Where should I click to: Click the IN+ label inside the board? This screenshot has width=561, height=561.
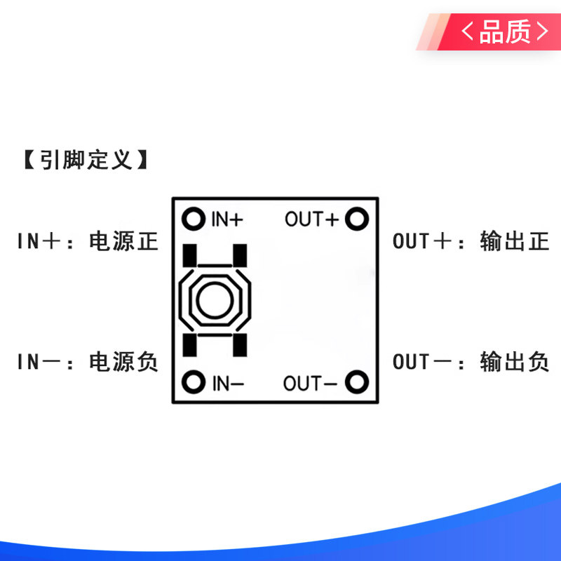pyautogui.click(x=227, y=219)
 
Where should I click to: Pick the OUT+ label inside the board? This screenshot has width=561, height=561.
pyautogui.click(x=311, y=219)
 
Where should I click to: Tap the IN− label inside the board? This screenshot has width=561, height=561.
pyautogui.click(x=228, y=384)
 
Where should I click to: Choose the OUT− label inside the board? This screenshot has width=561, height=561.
pyautogui.click(x=310, y=384)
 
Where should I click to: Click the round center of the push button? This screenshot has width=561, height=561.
pyautogui.click(x=215, y=300)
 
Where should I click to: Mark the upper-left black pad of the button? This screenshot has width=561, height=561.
pyautogui.click(x=189, y=255)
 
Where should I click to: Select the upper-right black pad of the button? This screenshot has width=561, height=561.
pyautogui.click(x=240, y=255)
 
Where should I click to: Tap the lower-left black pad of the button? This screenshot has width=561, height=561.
pyautogui.click(x=189, y=345)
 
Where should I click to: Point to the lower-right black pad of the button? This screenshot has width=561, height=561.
pyautogui.click(x=240, y=345)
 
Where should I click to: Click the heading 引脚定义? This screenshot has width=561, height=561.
pyautogui.click(x=86, y=160)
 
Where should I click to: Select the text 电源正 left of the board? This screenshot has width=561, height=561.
pyautogui.click(x=123, y=241)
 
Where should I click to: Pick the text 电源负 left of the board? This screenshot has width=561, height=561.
pyautogui.click(x=123, y=361)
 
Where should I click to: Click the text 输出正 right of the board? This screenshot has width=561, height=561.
pyautogui.click(x=515, y=241)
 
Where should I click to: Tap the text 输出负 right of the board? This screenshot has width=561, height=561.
pyautogui.click(x=515, y=361)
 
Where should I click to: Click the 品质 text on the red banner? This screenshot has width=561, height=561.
pyautogui.click(x=504, y=32)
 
